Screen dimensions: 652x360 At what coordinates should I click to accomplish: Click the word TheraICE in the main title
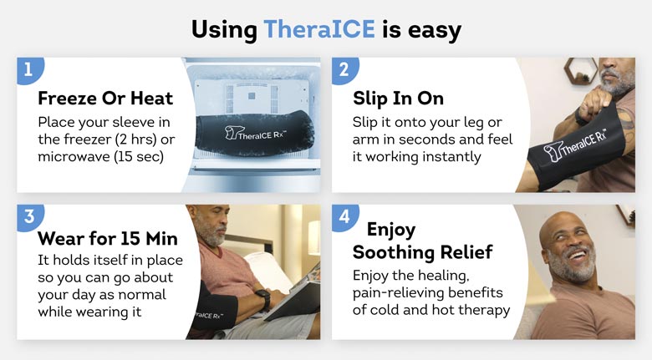[319, 29]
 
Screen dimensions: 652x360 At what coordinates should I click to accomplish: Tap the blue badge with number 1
[29, 70]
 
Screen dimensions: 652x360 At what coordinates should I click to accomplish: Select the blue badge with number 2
[344, 70]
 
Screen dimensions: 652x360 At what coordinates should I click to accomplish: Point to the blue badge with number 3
[29, 217]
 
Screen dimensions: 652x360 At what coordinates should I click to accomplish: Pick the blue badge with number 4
[344, 217]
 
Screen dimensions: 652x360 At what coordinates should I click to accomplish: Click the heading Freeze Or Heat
[105, 99]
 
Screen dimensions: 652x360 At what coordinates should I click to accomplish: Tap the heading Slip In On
[398, 99]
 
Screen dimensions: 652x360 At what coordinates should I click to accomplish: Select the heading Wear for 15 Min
[108, 239]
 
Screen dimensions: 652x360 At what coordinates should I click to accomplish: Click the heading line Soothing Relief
[422, 252]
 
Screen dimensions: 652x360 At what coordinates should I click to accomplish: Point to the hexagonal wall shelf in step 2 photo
[581, 71]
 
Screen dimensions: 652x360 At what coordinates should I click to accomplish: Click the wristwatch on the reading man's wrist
[262, 299]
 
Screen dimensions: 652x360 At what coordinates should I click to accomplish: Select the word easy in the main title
[435, 30]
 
